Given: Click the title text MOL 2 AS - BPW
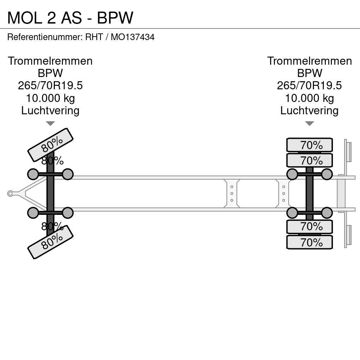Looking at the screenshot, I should (70, 18).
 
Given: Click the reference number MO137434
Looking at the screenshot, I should (133, 37).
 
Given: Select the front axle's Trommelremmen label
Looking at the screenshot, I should (50, 61).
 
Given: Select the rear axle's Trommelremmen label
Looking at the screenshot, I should (309, 61).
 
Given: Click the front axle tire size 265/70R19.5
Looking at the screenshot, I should (50, 85).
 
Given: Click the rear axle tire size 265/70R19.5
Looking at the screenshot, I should (309, 85).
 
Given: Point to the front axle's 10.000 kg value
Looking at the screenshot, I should (50, 98).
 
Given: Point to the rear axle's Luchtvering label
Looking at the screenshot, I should (309, 110).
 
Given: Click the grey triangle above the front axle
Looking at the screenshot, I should (50, 123).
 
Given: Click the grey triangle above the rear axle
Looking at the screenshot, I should (309, 123).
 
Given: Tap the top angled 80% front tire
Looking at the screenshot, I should (50, 144).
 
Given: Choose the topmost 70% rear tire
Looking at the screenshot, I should (309, 145).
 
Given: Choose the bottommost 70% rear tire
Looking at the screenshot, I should (309, 242).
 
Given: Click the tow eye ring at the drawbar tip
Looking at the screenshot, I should (10, 193).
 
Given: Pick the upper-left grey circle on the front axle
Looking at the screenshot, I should (33, 174).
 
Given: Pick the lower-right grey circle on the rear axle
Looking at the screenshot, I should (327, 213).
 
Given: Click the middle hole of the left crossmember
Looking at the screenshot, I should (232, 193).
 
